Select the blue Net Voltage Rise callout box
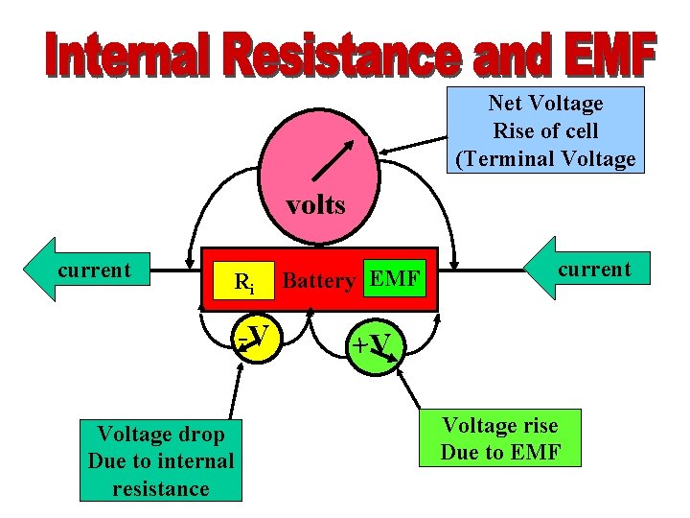(545, 130)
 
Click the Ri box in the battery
(244, 282)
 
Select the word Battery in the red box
(319, 281)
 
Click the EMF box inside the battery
(394, 280)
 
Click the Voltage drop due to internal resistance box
(161, 461)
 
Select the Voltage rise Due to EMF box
(500, 438)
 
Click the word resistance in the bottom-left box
(161, 488)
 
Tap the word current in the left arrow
(94, 271)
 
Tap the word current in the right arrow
(594, 269)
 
